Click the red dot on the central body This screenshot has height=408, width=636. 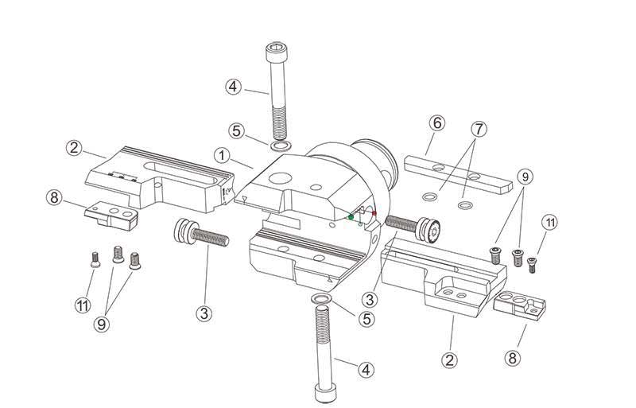[x=374, y=213]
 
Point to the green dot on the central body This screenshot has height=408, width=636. [x=351, y=216]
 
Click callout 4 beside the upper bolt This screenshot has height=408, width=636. [x=232, y=86]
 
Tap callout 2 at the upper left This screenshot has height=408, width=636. [x=73, y=147]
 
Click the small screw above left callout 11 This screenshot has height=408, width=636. [x=94, y=257]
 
